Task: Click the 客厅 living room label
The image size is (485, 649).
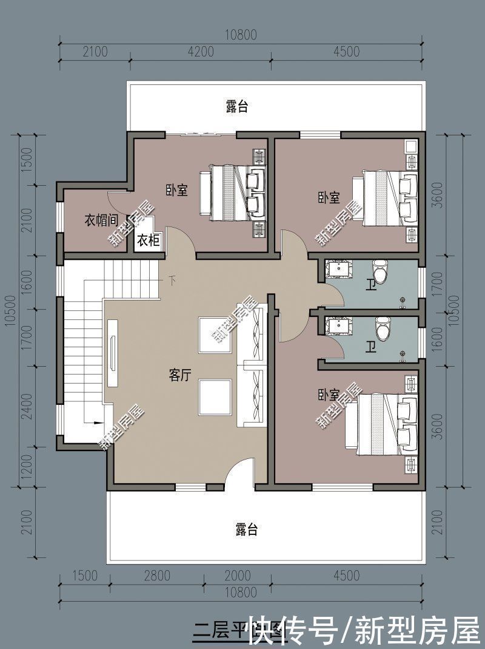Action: [x=179, y=375]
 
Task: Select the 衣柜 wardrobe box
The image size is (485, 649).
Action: [x=148, y=240]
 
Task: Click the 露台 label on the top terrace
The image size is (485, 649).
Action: [x=237, y=107]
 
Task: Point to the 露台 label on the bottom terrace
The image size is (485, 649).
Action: [x=246, y=529]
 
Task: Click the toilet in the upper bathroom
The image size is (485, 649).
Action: [x=380, y=273]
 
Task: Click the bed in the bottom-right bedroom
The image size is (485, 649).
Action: [x=386, y=424]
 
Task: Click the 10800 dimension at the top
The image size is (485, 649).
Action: [x=240, y=35]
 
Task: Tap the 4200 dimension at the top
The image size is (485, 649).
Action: [x=201, y=52]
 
